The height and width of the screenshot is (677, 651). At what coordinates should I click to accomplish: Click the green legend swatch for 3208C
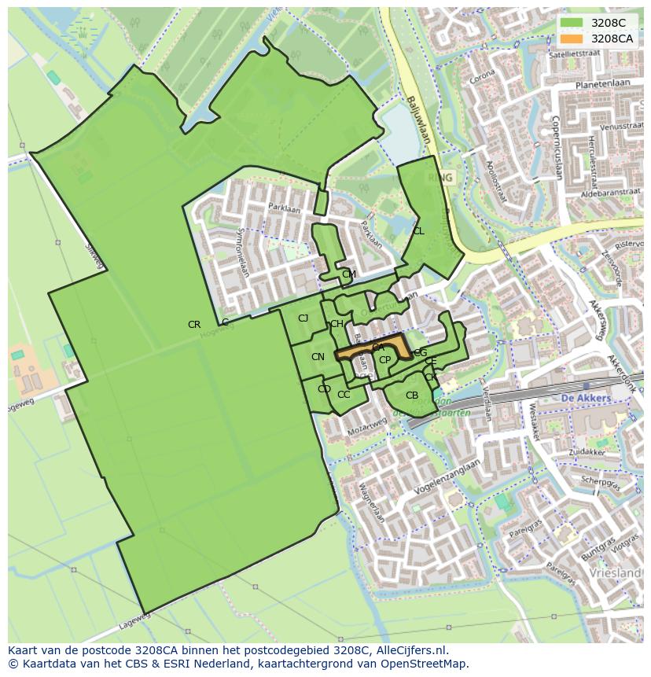pyautogui.click(x=572, y=23)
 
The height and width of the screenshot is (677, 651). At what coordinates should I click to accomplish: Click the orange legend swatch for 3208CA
pyautogui.click(x=572, y=38)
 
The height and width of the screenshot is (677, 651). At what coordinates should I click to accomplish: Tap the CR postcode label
pyautogui.click(x=194, y=325)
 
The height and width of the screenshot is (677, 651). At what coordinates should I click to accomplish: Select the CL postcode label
pyautogui.click(x=418, y=231)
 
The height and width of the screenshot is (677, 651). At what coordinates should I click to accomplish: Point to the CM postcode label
pyautogui.click(x=349, y=274)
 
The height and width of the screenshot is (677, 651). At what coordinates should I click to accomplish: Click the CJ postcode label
pyautogui.click(x=303, y=318)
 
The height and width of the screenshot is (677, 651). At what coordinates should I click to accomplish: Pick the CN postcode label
pyautogui.click(x=318, y=357)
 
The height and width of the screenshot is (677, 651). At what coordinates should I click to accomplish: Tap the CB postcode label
pyautogui.click(x=412, y=396)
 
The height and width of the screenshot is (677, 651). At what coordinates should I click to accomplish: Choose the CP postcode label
pyautogui.click(x=384, y=360)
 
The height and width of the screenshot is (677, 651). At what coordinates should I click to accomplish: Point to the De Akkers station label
pyautogui.click(x=587, y=399)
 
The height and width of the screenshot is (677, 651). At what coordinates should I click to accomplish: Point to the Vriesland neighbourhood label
pyautogui.click(x=617, y=573)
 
